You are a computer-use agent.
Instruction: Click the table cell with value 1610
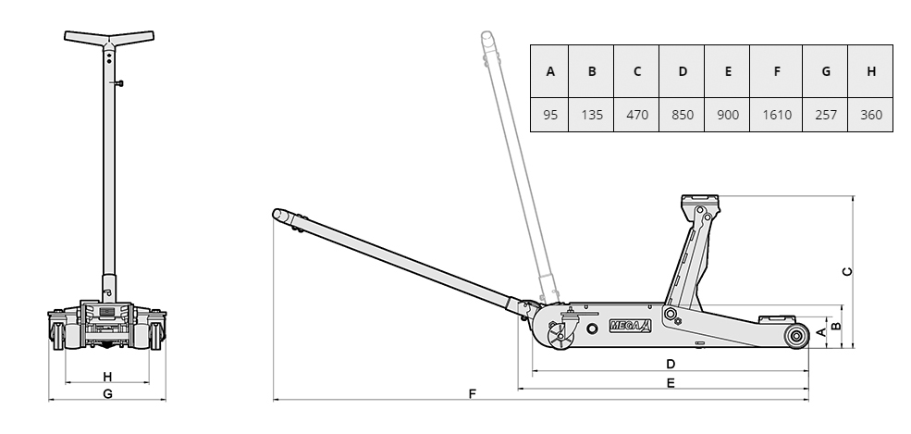coord(776,115)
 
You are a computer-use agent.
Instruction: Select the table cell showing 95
coord(549,115)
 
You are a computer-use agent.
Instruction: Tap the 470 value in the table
coord(636,115)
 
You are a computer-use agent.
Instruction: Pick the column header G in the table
coord(826,71)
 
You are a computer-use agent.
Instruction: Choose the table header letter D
coord(682,71)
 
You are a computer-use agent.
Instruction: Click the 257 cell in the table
coord(826,115)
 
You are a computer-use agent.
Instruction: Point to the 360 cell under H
coord(871,115)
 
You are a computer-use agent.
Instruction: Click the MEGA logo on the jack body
coord(631,326)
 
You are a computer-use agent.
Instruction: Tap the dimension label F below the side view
coord(473,394)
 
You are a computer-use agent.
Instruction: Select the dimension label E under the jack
coord(671,383)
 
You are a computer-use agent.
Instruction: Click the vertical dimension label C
coord(847,271)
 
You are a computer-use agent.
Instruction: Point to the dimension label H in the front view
coord(107,377)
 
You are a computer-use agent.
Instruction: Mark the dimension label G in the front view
coord(107,394)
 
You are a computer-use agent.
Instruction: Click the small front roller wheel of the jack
coord(796,336)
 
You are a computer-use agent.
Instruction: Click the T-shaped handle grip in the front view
coord(109,39)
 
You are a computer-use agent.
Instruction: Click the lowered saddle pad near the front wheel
coord(778,318)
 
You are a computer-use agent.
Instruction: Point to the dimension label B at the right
coord(836,326)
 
